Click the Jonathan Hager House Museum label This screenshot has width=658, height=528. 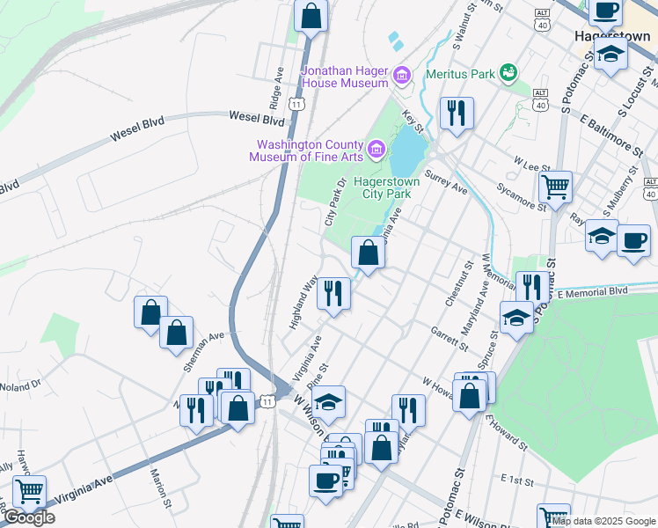345,76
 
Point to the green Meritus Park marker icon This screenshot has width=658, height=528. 508,71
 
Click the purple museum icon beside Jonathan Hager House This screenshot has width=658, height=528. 402,76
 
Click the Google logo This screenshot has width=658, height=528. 28,517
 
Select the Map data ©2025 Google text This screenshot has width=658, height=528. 603,521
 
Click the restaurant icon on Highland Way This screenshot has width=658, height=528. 333,292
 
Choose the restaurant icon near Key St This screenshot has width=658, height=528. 456,113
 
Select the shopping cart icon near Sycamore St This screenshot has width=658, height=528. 555,187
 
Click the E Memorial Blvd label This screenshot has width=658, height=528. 594,290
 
